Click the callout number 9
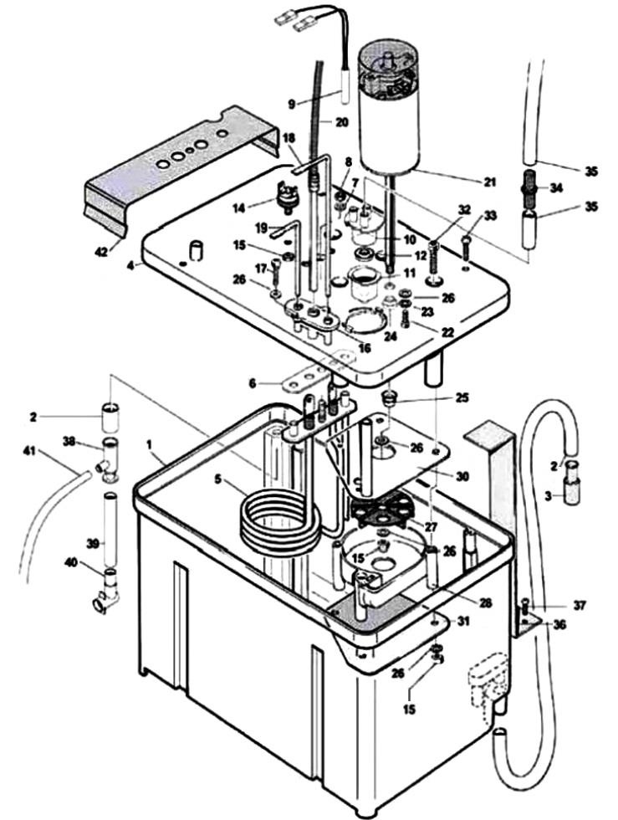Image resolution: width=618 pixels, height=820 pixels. [292, 104]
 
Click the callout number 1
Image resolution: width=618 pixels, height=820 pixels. [151, 458]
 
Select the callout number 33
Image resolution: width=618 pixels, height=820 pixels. [490, 215]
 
